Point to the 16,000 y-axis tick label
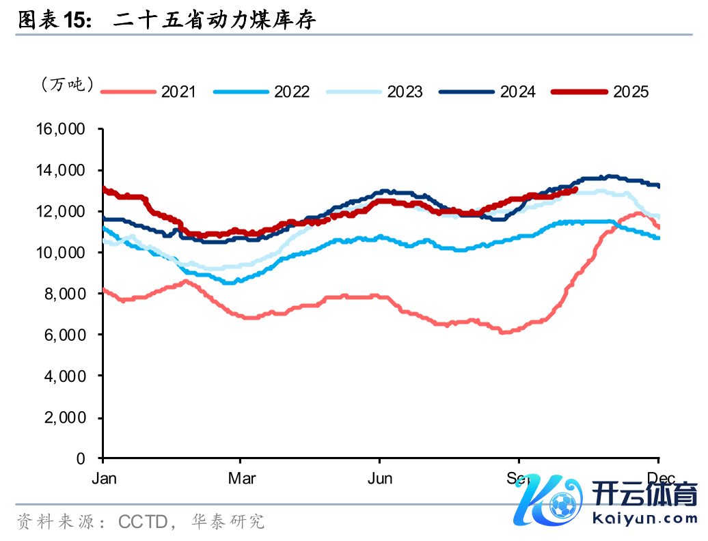(66, 129)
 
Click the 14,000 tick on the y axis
(66, 170)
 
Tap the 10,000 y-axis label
(66, 253)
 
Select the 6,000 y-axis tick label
(69, 335)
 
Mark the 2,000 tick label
(69, 417)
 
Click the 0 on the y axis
(81, 458)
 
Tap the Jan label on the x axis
(104, 478)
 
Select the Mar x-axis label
(243, 478)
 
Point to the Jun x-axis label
(380, 478)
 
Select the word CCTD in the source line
(143, 523)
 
